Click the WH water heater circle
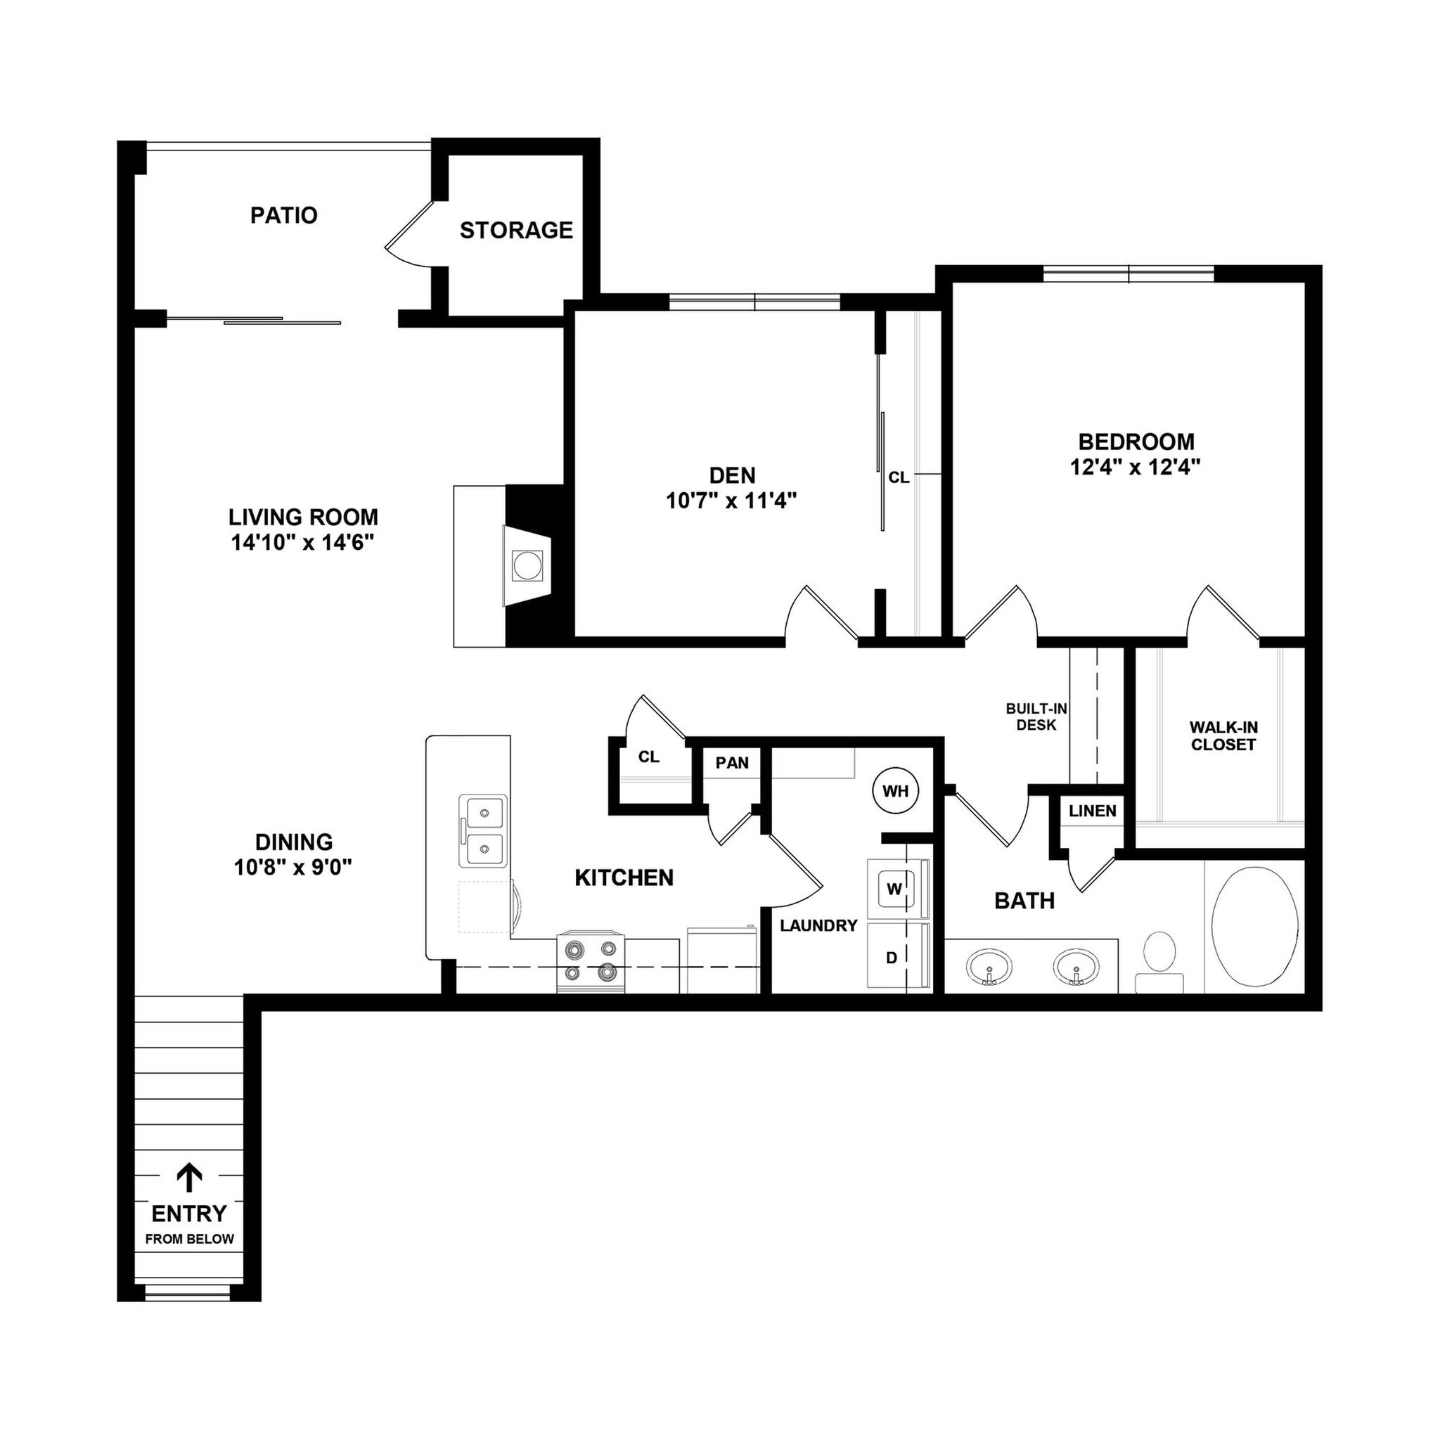tap(895, 791)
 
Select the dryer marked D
tap(893, 957)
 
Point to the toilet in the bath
tap(1159, 960)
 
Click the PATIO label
tap(284, 215)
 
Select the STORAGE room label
tap(516, 231)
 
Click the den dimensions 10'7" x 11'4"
tap(731, 501)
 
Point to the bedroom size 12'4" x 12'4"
tap(1135, 468)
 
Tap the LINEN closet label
tap(1092, 811)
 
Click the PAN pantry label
tap(732, 762)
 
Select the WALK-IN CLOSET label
tap(1223, 735)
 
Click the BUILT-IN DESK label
tap(1036, 716)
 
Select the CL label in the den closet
tap(899, 477)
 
